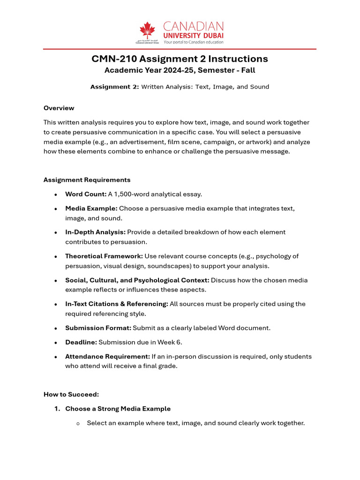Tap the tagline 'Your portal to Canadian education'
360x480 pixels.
(193, 42)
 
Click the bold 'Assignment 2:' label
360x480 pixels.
(114, 87)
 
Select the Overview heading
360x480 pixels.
(59, 108)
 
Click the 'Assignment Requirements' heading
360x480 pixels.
(87, 180)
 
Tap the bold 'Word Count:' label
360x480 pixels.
(86, 194)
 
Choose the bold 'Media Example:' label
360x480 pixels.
(91, 208)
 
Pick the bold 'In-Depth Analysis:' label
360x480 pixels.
(95, 232)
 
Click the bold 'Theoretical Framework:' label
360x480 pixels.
(104, 256)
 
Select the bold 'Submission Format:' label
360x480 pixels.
(97, 328)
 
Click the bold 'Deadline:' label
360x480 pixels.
(81, 342)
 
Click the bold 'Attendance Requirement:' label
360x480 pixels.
(107, 356)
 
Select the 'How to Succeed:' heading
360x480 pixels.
(71, 394)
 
